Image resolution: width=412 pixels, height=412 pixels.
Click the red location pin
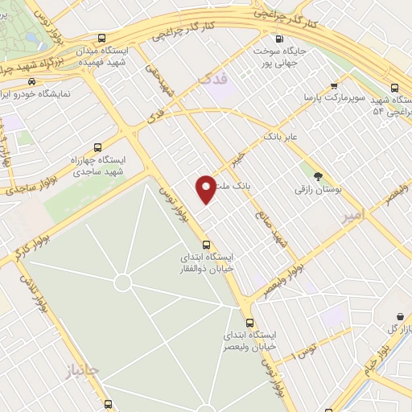click(207, 188)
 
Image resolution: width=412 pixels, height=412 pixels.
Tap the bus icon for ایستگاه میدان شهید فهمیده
click(101, 38)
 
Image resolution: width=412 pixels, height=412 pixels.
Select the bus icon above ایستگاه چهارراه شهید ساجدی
click(97, 148)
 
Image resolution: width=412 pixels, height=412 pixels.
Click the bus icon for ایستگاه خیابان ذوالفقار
click(206, 245)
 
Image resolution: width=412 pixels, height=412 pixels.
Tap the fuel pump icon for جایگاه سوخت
click(279, 39)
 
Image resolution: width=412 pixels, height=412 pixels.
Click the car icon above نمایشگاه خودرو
click(31, 81)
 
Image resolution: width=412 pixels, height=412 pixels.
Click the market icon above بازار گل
click(400, 317)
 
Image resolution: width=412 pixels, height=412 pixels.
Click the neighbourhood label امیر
click(352, 216)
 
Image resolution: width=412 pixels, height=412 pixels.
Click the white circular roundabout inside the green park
click(122, 282)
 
